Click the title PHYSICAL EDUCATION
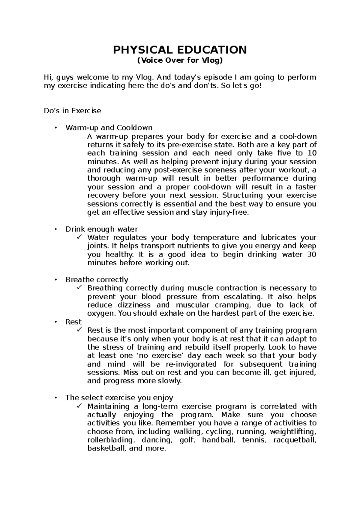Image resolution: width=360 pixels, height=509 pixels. click(180, 50)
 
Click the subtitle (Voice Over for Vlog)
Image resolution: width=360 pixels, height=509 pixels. click(180, 61)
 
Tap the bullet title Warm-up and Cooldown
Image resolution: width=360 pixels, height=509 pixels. click(109, 128)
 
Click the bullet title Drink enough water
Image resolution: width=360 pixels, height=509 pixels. click(101, 229)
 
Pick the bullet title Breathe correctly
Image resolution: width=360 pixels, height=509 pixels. click(97, 280)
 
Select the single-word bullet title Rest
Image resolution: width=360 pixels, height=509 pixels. click(73, 322)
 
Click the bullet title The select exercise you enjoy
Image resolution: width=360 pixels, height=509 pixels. click(119, 398)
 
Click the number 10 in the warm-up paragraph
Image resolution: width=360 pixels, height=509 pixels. click(312, 153)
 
